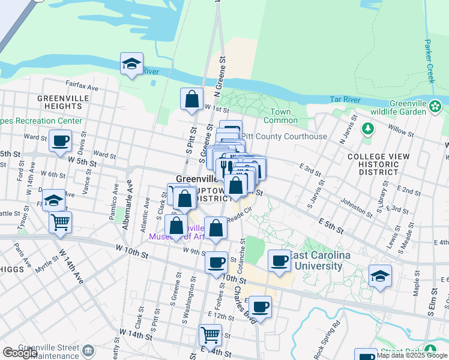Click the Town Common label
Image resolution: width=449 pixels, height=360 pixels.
point(280,116)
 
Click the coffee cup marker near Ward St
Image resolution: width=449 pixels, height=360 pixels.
point(60,142)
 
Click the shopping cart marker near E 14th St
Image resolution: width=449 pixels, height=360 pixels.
point(210,335)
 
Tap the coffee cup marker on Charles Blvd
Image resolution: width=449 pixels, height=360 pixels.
point(260,307)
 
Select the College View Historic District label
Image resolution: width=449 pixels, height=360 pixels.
point(378,164)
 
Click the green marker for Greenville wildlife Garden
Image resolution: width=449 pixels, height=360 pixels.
point(436,107)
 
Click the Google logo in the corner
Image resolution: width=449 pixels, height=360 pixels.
point(20,353)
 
